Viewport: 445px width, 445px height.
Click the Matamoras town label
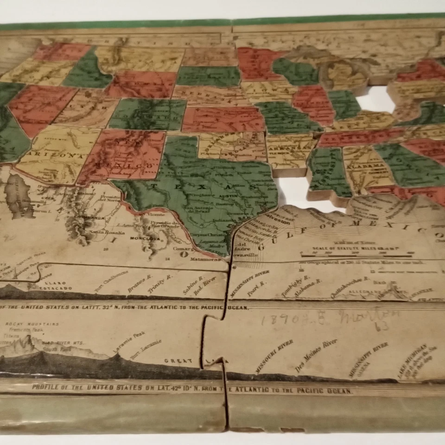[x=207, y=260]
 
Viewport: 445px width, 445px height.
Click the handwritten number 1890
[x=276, y=319]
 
